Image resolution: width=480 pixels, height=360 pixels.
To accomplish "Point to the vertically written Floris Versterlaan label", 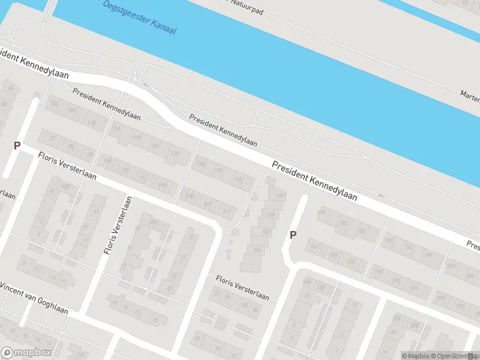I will click(118, 225).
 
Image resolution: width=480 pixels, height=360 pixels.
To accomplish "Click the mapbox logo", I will click(26, 353).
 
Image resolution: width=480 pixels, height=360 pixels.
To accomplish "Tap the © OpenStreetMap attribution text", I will click(454, 356).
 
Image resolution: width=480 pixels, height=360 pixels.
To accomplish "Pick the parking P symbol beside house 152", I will click(293, 235).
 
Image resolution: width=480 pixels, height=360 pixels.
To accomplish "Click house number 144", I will click(279, 196).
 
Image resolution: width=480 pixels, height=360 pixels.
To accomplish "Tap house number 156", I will click(258, 250).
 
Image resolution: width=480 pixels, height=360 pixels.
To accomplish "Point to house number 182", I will click(343, 223).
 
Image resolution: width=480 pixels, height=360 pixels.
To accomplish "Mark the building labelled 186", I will click(361, 230).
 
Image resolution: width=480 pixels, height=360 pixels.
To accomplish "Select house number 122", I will click(155, 146).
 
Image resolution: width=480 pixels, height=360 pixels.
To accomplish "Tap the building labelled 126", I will click(175, 154).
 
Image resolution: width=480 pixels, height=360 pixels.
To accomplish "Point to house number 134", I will click(220, 171).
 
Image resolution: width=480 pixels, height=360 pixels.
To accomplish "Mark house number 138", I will click(239, 179).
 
